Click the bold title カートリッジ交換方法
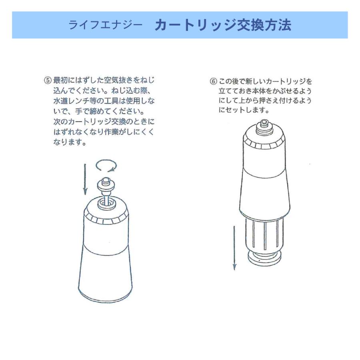click(223, 25)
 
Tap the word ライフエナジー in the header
click(105, 26)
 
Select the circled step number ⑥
click(214, 81)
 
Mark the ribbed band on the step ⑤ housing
click(106, 219)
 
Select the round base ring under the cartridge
click(264, 259)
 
